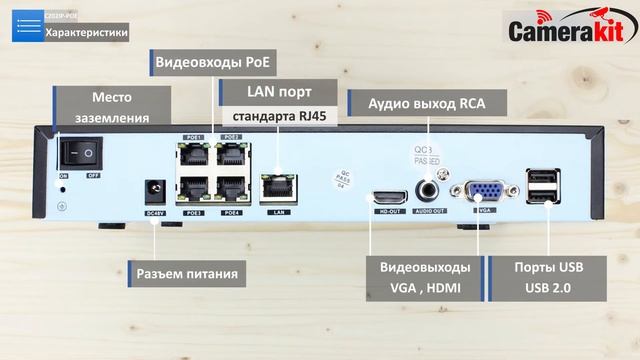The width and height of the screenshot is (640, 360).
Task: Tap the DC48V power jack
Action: pyautogui.click(x=154, y=189)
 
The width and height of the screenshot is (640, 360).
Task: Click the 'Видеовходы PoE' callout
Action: pyautogui.click(x=214, y=62)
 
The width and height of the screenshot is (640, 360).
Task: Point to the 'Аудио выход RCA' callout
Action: pyautogui.click(x=426, y=103)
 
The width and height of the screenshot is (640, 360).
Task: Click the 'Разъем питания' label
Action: pyautogui.click(x=188, y=273)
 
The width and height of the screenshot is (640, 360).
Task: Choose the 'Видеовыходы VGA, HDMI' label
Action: pyautogui.click(x=425, y=278)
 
